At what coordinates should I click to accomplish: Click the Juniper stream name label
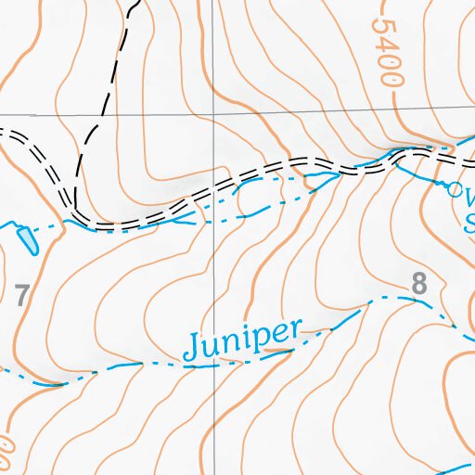(x=243, y=340)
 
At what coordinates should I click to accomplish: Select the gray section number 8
(x=419, y=285)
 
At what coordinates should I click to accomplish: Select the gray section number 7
(x=22, y=297)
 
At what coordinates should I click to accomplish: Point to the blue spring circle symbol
(x=455, y=189)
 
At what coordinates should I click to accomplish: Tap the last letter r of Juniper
(x=295, y=328)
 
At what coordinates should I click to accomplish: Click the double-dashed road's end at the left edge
(x=3, y=133)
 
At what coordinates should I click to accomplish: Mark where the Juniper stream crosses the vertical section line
(x=214, y=366)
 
